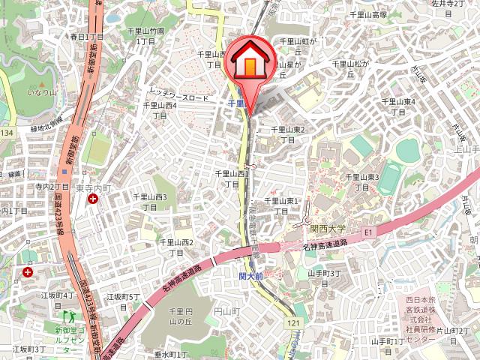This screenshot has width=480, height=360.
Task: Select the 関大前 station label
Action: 250,276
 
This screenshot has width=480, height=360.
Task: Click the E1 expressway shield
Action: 367,232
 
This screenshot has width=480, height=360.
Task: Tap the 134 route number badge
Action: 7,133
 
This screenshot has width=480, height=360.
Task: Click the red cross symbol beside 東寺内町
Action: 92,199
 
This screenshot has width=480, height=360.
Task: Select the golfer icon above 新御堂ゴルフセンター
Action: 65,317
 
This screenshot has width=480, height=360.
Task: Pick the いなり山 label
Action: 43,92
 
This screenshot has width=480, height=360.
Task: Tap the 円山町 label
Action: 226,310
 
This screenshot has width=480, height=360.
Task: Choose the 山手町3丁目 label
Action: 324,277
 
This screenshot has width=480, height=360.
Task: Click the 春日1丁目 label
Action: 87,36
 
